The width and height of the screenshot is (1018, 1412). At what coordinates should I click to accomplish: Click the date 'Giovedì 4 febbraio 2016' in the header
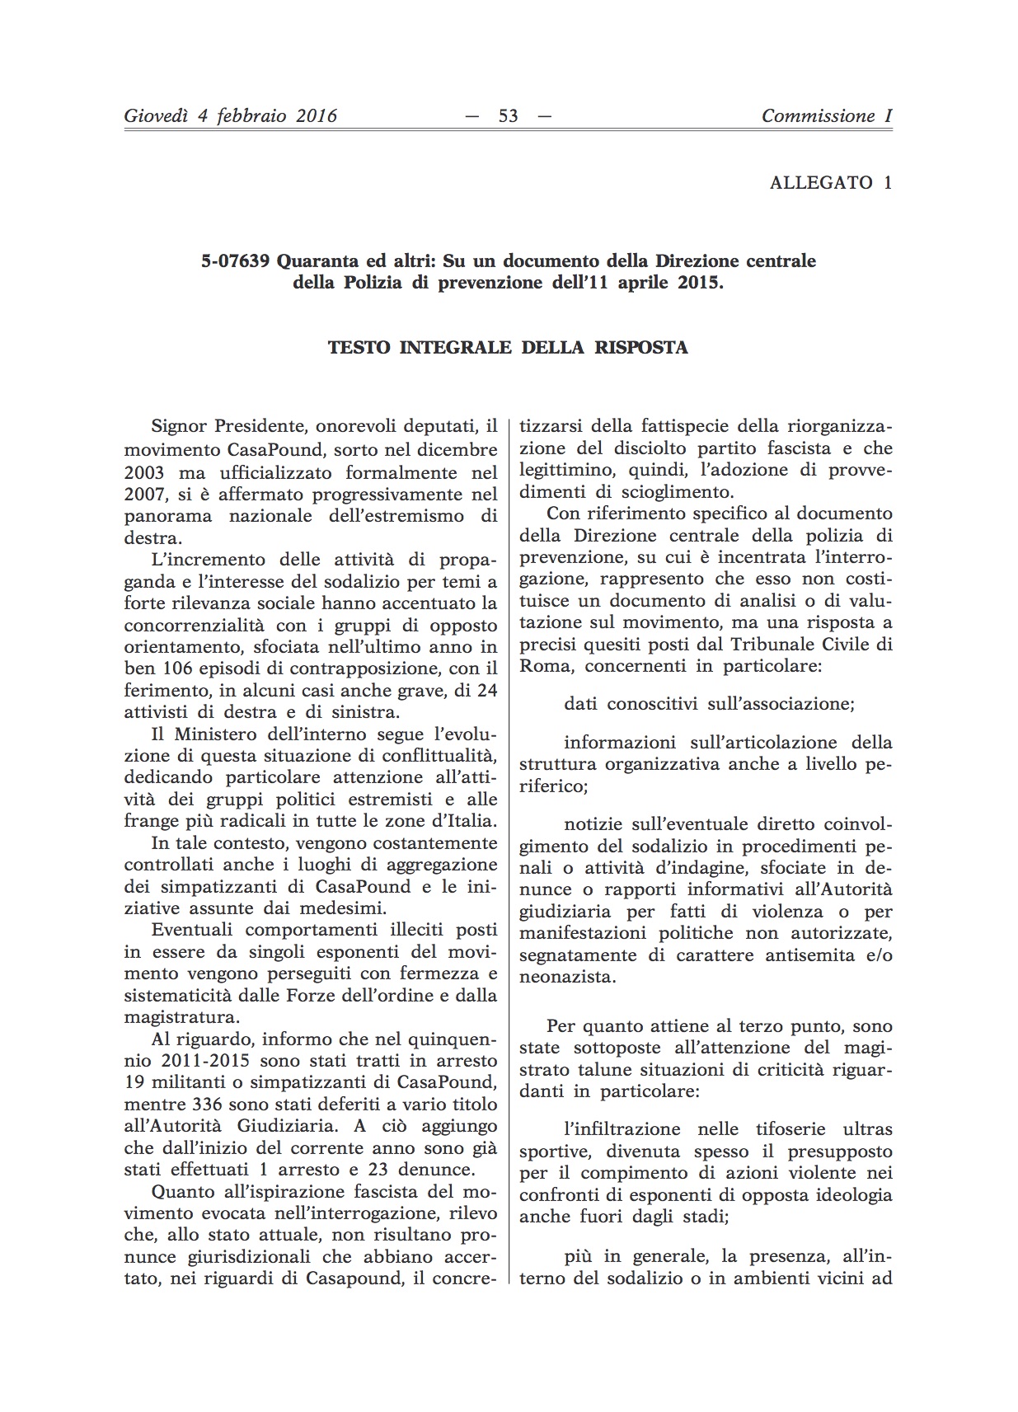tap(230, 116)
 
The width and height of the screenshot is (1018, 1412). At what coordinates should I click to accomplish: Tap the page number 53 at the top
tap(509, 116)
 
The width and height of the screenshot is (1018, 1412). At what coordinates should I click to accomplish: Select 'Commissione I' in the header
tap(826, 116)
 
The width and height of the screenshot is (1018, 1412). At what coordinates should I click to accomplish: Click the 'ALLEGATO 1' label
tap(830, 183)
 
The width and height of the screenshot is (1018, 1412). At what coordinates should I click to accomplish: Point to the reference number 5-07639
tap(235, 261)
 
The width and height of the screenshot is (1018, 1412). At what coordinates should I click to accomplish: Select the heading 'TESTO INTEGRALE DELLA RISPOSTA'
tap(508, 347)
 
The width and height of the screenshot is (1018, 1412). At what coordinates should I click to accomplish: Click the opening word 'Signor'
tap(181, 427)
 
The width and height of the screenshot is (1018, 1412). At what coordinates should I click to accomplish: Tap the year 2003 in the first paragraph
tap(144, 473)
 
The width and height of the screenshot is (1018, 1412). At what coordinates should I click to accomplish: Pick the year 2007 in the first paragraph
tap(144, 495)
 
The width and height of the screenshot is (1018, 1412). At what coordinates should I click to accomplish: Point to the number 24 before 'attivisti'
tap(487, 690)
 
